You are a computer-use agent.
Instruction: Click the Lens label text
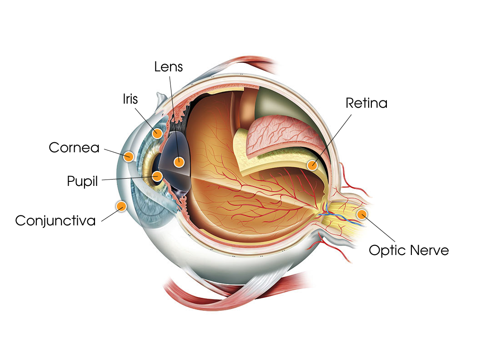(x=169, y=67)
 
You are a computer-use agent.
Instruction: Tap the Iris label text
(x=130, y=99)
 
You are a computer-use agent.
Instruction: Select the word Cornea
(x=74, y=147)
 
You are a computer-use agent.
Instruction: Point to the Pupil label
(x=82, y=181)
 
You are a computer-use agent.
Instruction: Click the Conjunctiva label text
(x=55, y=221)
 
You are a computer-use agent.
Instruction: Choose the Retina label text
(x=366, y=103)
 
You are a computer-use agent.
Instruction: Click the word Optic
(x=387, y=250)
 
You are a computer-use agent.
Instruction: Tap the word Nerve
(x=429, y=250)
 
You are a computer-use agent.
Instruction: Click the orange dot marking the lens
(x=179, y=162)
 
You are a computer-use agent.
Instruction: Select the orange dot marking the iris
(x=157, y=133)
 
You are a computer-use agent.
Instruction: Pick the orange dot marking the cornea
(x=128, y=156)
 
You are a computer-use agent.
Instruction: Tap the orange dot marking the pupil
(x=157, y=176)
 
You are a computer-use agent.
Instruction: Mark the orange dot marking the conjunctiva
(x=121, y=206)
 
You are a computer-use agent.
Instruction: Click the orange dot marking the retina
(x=312, y=165)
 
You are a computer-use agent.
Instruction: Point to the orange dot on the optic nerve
(x=362, y=214)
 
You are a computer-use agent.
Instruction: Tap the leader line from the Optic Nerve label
(x=378, y=228)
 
